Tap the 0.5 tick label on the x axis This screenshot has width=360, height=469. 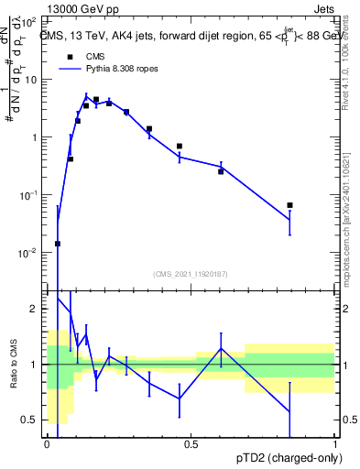click(191, 443)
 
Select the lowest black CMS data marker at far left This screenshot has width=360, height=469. click(58, 244)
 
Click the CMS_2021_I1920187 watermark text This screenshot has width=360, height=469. click(191, 273)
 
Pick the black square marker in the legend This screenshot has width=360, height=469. click(70, 56)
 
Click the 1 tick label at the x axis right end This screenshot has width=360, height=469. click(336, 443)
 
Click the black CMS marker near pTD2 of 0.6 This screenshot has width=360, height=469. click(221, 171)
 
